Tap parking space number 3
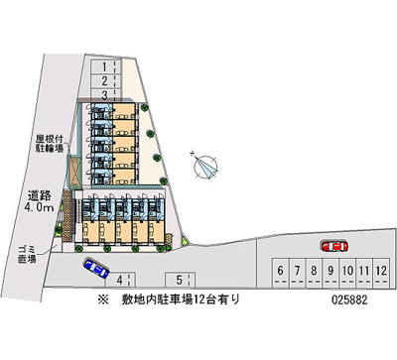[x=103, y=94]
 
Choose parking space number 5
[x=179, y=279]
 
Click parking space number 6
[x=282, y=270]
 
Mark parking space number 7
[x=298, y=270]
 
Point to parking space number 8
[x=314, y=270]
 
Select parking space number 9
[x=330, y=270]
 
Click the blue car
[x=96, y=266]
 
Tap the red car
[x=332, y=245]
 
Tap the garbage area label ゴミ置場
[x=24, y=253]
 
